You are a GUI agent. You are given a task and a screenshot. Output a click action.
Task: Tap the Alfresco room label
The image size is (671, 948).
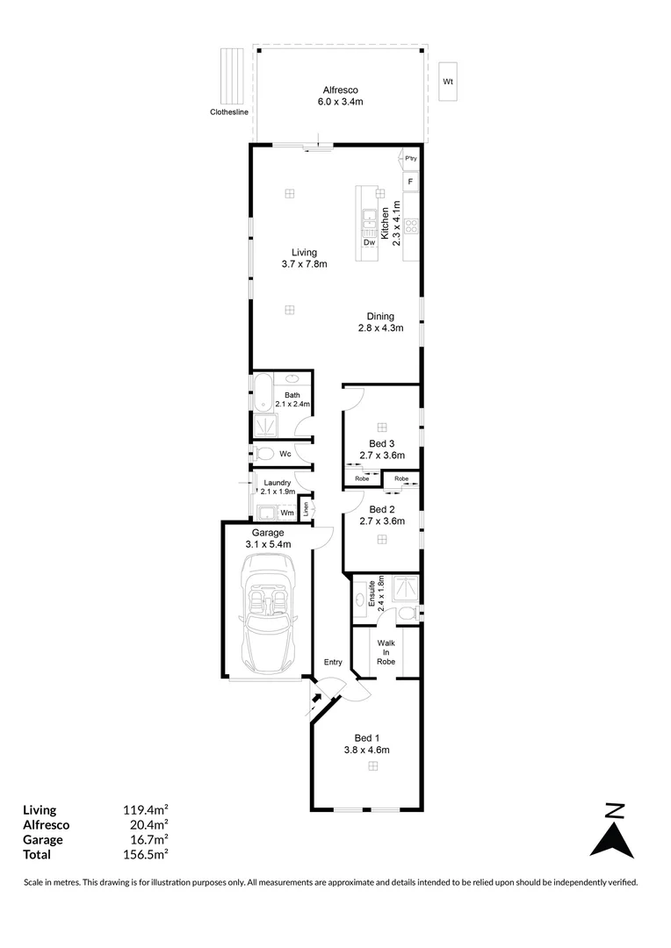coord(338,90)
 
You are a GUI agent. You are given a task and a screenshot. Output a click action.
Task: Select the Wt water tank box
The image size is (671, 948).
coord(447,82)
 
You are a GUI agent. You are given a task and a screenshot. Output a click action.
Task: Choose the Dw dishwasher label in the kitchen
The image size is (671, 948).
coord(369,242)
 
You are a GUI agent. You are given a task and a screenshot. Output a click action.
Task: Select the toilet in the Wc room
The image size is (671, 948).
coord(263,454)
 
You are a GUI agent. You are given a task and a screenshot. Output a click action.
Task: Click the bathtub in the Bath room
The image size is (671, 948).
coord(263,392)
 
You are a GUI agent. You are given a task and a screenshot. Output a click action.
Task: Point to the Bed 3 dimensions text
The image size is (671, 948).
coord(381,456)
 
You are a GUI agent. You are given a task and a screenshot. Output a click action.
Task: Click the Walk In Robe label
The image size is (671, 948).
coord(386,652)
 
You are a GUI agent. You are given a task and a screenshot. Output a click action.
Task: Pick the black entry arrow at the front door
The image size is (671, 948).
coord(317,700)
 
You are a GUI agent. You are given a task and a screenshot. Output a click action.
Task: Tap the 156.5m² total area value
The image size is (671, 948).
coord(146,853)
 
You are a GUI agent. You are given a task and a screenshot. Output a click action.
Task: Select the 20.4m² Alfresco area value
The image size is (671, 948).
coord(146,824)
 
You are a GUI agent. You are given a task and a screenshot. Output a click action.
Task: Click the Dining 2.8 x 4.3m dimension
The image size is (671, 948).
coord(380,328)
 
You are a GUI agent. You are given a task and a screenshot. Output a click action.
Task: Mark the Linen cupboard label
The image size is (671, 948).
coord(307,506)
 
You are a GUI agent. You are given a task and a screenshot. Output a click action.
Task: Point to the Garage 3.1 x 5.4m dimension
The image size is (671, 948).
coord(268,544)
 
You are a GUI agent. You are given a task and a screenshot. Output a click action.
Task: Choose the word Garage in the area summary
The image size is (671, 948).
coord(43,839)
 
